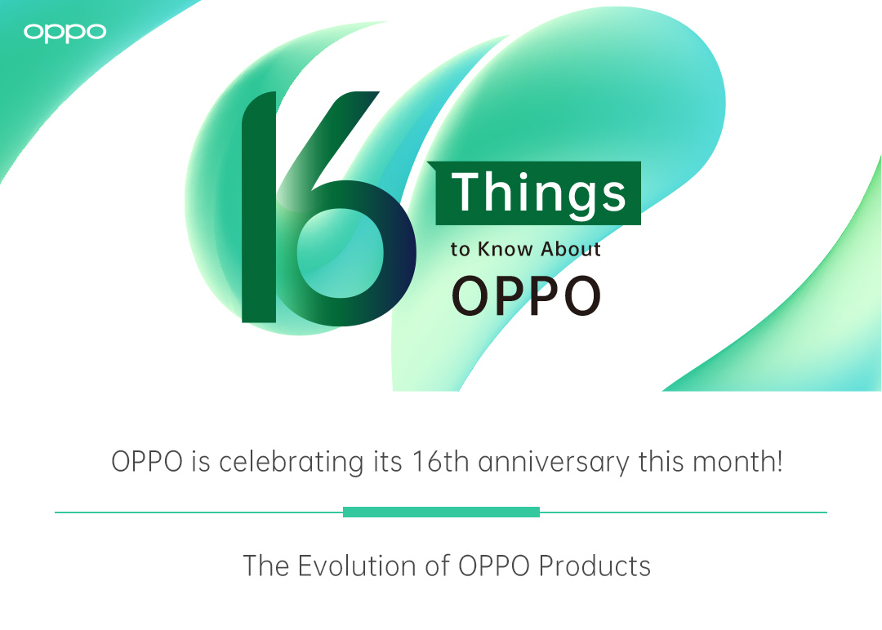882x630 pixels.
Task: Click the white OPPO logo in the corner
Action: coord(65,33)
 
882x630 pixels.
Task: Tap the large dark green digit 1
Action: coord(260,207)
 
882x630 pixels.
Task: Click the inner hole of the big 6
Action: coord(341,253)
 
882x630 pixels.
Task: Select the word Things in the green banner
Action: coord(538,193)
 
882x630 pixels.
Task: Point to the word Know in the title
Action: coord(506,249)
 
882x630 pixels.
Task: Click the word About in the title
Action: coord(570,249)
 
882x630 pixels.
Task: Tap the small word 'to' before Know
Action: coord(460,250)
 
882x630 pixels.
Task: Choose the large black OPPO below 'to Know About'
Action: coord(527,295)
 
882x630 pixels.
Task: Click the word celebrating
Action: coord(291,462)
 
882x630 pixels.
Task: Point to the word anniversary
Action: coord(554,463)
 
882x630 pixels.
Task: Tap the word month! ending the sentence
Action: coord(737,461)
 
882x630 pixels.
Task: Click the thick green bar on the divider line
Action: coord(442,512)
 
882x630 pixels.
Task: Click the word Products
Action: coord(595,566)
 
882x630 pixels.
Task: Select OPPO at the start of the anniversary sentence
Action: coord(147,461)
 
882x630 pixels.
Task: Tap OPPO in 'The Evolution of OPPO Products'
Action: coord(494,566)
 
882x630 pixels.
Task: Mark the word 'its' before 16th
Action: coord(388,461)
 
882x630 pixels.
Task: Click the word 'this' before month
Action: coord(661,461)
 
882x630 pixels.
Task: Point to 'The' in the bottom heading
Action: coord(266,566)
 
